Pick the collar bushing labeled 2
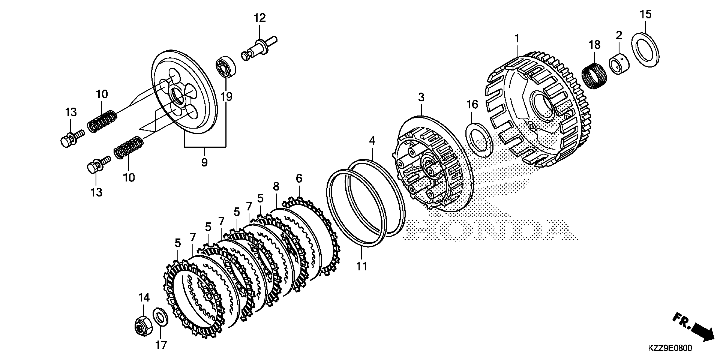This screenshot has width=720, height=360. point(619,66)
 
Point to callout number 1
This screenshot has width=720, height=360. point(517,38)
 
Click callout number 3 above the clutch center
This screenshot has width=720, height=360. point(421,97)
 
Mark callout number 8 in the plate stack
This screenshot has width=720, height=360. point(276,186)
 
